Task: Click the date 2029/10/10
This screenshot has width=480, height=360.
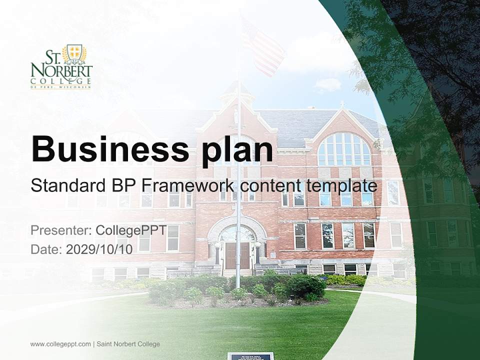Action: (99, 249)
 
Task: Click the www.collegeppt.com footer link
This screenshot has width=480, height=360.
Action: (60, 344)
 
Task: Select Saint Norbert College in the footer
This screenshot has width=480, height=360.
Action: (128, 344)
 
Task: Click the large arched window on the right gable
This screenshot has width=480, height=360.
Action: (344, 149)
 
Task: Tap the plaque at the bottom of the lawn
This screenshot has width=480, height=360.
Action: (250, 356)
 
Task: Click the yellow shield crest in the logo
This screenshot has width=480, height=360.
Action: (74, 51)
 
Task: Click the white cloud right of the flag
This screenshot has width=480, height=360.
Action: (328, 85)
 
